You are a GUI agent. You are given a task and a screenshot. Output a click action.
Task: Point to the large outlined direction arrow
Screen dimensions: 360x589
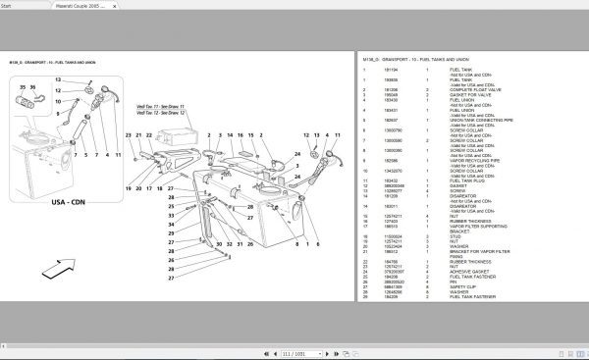click(58, 266)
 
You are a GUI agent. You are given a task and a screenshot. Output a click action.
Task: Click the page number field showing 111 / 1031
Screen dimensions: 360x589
click(295, 351)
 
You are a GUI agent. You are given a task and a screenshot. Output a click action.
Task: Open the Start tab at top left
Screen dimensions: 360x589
click(14, 4)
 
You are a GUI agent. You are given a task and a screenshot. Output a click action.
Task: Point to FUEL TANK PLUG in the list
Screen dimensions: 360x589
click(467, 181)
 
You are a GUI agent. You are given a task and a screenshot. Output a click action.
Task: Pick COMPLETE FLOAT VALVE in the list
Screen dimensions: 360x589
click(474, 90)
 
